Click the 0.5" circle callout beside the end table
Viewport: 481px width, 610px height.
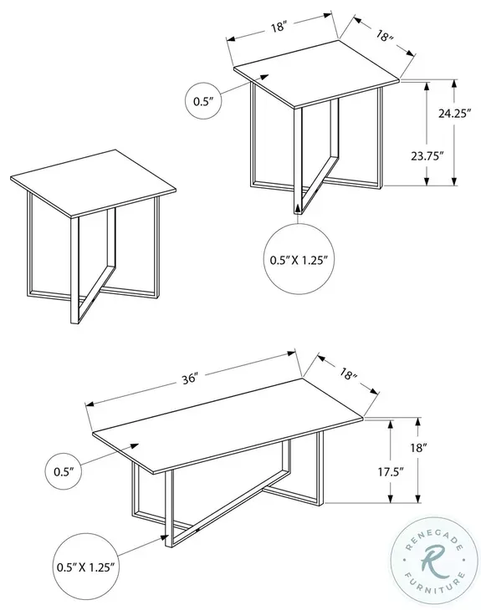204,102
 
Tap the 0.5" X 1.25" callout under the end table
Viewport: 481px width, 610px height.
298,259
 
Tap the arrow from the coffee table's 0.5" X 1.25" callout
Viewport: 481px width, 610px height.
159,539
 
